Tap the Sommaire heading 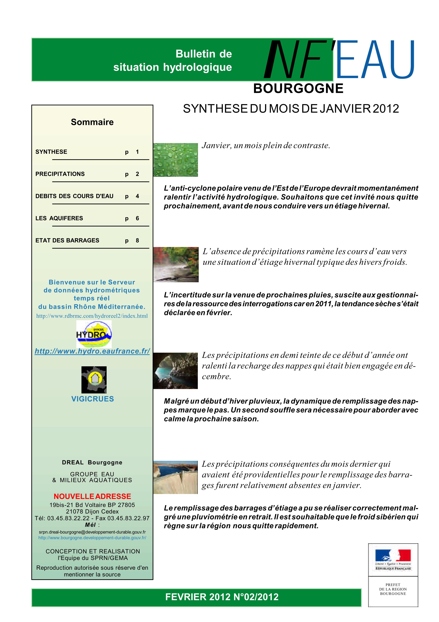[x=92, y=122]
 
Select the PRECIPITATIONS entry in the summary [x=60, y=174]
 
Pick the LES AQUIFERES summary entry [x=59, y=218]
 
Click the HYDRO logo [x=94, y=334]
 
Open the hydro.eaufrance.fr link [x=92, y=351]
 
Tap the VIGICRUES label [x=92, y=399]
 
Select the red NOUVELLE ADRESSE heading [x=92, y=496]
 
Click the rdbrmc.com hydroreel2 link [x=92, y=316]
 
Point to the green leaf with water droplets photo [x=175, y=160]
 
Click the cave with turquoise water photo [x=175, y=371]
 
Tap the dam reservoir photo [x=175, y=477]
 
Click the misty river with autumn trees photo [x=176, y=264]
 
